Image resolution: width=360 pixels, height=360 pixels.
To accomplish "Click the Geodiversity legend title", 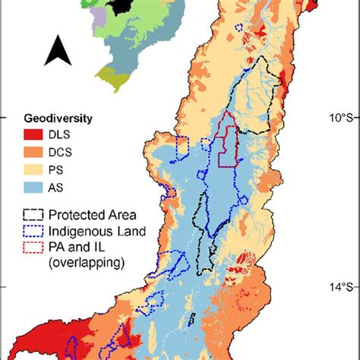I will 57,118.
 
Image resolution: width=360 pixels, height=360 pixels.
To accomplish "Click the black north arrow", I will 55,51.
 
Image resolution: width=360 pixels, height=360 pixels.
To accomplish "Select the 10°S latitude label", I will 339,118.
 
